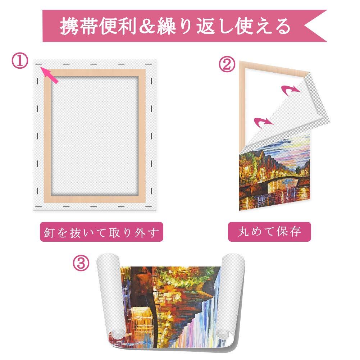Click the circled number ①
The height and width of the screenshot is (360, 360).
tap(20, 61)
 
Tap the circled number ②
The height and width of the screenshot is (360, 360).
tap(227, 64)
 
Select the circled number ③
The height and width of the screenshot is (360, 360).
tap(81, 263)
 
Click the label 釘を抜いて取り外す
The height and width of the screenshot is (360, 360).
tap(101, 232)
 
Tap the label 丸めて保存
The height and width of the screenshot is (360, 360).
tap(269, 232)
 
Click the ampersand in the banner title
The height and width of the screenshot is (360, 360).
tap(147, 26)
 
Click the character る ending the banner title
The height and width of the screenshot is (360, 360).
tap(283, 26)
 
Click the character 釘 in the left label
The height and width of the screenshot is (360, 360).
tap(49, 232)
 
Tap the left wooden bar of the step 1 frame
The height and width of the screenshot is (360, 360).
tap(47, 136)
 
